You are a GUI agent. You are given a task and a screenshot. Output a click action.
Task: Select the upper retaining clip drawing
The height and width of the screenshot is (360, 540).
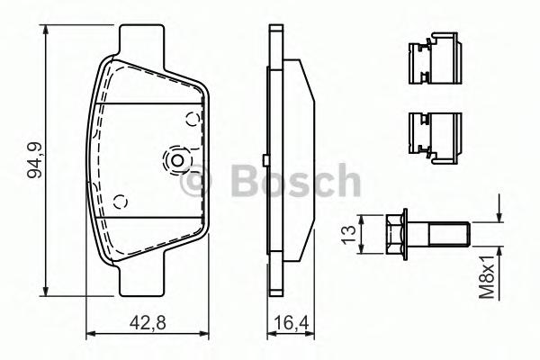[431, 58]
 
